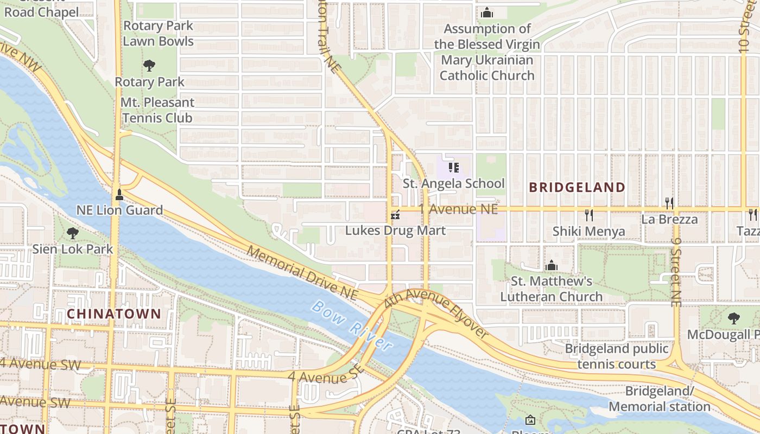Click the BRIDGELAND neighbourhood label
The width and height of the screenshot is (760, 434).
coord(577,188)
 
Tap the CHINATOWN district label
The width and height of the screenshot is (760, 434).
coord(114,314)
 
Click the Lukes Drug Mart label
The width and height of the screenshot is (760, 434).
coord(395,231)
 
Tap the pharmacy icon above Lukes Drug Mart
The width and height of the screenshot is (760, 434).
coord(396,215)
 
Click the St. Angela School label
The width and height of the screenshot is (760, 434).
coord(453,183)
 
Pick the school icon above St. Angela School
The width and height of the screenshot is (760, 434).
coord(454,168)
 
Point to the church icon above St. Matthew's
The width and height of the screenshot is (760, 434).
coord(552,265)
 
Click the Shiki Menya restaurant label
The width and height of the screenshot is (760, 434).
coord(588,232)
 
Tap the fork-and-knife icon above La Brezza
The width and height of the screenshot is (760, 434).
coord(669,203)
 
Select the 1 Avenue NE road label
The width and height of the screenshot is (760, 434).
coord(458,209)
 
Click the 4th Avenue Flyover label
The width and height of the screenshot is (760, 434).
coord(436,315)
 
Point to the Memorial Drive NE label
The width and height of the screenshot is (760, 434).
coord(302,273)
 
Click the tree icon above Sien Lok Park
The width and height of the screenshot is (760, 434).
coord(72,234)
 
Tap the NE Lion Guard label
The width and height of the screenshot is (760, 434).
coord(119,210)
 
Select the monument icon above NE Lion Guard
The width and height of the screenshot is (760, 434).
coord(119,194)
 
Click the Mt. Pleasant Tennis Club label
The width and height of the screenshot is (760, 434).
coord(157,110)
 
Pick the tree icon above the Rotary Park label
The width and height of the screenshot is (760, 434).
coord(149,66)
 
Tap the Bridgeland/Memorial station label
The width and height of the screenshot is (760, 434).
coord(659,399)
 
